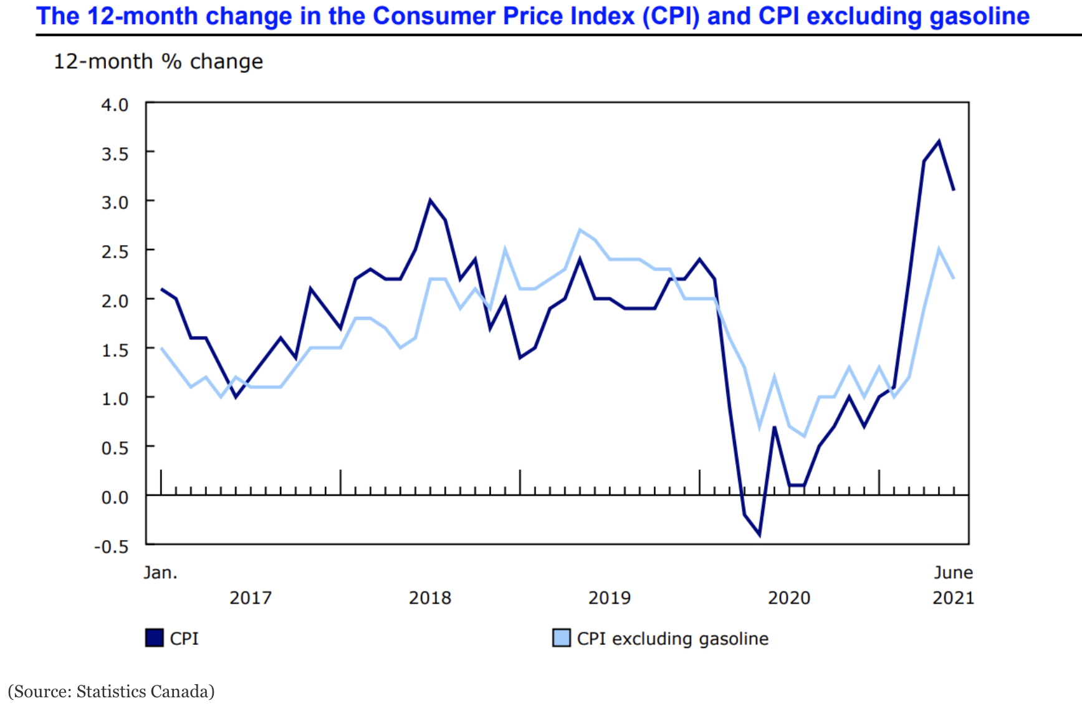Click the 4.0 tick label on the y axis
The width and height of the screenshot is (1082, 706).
115,105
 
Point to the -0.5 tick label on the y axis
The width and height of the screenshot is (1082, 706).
112,547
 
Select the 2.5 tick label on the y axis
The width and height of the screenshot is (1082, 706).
115,252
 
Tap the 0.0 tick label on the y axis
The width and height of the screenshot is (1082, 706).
115,498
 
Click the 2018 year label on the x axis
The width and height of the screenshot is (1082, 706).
429,598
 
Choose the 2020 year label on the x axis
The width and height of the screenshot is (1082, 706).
788,598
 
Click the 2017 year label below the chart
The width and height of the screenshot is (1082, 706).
250,598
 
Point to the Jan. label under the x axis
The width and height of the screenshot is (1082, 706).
160,573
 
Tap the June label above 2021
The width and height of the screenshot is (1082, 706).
953,573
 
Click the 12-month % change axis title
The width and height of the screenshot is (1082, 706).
158,62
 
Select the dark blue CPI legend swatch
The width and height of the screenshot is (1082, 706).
154,638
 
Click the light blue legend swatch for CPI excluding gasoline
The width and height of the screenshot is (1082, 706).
561,638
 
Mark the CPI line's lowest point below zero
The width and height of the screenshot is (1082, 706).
759,534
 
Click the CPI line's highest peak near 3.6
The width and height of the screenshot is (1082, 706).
939,142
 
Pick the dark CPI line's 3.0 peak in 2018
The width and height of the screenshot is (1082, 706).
430,200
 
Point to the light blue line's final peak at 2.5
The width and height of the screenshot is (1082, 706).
939,249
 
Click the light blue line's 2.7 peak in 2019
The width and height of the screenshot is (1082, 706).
580,230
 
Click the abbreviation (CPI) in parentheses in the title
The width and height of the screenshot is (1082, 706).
671,17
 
